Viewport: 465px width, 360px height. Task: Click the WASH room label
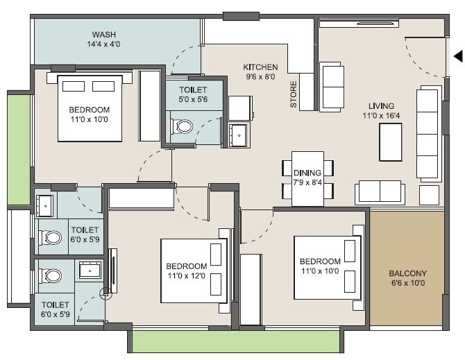[x=104, y=35]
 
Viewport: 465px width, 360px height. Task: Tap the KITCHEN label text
[x=260, y=67]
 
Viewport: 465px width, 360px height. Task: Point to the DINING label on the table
[x=307, y=173]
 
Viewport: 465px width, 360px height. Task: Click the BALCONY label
[x=407, y=273]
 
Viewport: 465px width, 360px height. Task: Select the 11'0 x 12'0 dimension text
[x=186, y=277]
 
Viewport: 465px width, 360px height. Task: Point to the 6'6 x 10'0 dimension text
[x=407, y=283]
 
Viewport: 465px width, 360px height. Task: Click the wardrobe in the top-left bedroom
[x=150, y=105]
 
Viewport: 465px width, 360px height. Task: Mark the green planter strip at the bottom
[x=235, y=341]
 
